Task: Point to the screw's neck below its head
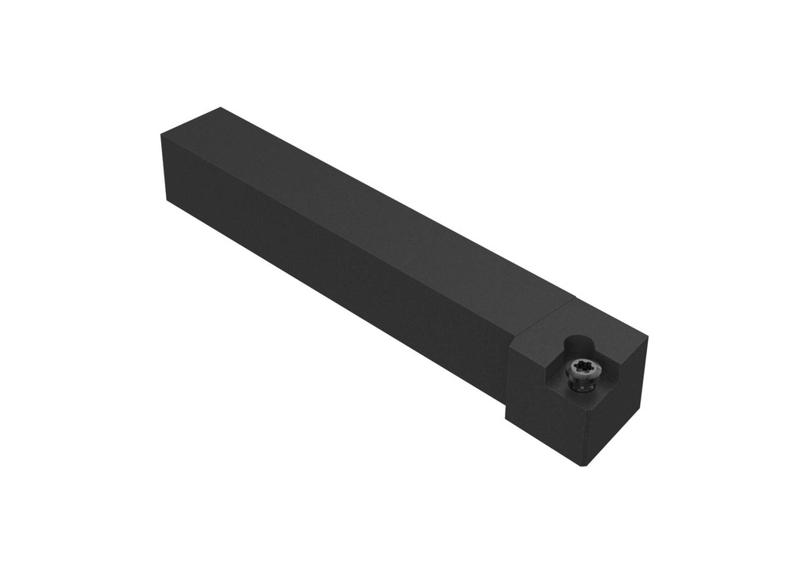click(583, 386)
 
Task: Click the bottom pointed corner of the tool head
click(584, 465)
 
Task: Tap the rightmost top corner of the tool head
click(647, 337)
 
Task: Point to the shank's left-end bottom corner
click(167, 202)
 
